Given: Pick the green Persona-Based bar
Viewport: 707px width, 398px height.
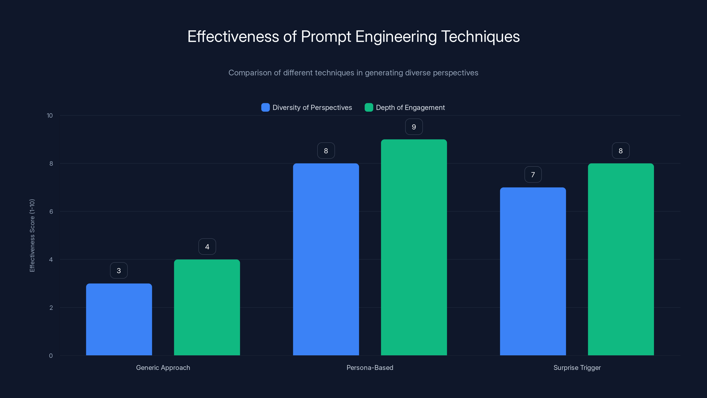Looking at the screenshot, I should click(414, 247).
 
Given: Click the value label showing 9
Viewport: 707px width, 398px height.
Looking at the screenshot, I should click(414, 127).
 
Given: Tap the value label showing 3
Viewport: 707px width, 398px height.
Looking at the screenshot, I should click(119, 271).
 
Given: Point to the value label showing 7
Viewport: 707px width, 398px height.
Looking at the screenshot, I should click(533, 175).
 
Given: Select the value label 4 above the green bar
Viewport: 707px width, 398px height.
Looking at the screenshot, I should click(207, 247).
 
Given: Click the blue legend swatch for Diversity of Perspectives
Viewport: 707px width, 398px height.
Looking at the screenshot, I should click(265, 107).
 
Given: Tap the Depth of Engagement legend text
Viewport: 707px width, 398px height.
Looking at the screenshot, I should click(410, 107).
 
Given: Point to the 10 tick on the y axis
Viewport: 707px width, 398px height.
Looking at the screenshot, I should click(50, 115).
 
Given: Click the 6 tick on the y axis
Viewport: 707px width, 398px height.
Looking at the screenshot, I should click(51, 212).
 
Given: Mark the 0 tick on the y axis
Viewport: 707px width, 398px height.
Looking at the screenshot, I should click(51, 356).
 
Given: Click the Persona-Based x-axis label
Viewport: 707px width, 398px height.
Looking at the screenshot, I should click(370, 367).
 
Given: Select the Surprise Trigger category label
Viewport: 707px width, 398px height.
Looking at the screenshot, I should click(577, 367).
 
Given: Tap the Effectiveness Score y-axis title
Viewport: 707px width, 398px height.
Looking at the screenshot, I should click(32, 235).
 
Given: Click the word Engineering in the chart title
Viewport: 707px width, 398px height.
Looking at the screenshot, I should click(396, 36).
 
